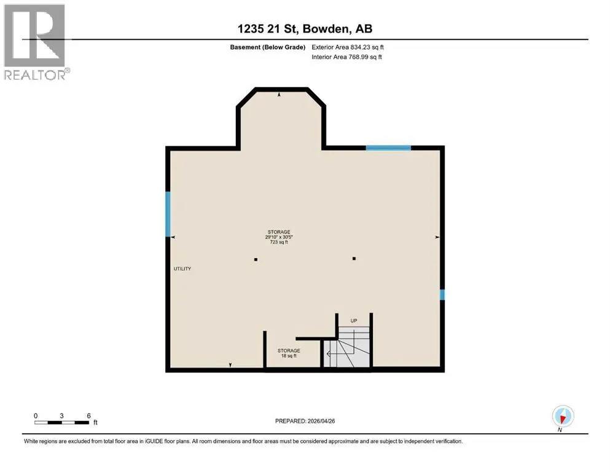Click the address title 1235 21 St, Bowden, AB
point(305,29)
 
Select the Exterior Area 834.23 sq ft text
point(348,47)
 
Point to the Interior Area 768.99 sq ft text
point(346,57)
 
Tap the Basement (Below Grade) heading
point(268,47)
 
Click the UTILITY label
point(182,269)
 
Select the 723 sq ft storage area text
point(279,242)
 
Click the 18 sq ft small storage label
point(289,356)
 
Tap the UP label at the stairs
point(354,321)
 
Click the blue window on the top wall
point(388,148)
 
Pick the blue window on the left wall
point(168,214)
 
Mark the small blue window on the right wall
point(442,294)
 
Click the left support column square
point(256,259)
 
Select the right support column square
point(354,258)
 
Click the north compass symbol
point(563,417)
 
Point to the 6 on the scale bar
point(88,415)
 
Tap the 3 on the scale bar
point(61,415)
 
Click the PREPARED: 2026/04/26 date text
point(305,421)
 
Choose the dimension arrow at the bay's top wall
point(279,95)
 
